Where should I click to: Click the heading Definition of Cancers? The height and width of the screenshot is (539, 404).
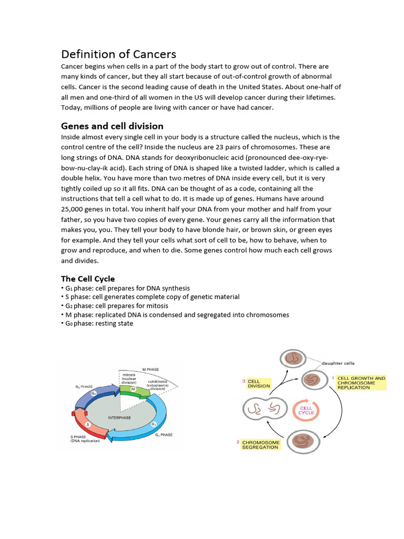[118, 54]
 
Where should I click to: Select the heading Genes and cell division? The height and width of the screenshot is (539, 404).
[112, 126]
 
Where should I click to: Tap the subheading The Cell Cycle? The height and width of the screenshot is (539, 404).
[88, 278]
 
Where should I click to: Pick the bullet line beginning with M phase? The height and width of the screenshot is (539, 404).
[175, 315]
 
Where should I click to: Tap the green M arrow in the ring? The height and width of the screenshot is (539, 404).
[133, 390]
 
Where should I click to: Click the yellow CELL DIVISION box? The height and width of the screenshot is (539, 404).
[259, 383]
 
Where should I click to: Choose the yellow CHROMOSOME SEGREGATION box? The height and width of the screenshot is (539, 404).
[260, 445]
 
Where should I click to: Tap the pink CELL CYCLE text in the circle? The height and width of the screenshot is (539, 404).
[306, 410]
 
